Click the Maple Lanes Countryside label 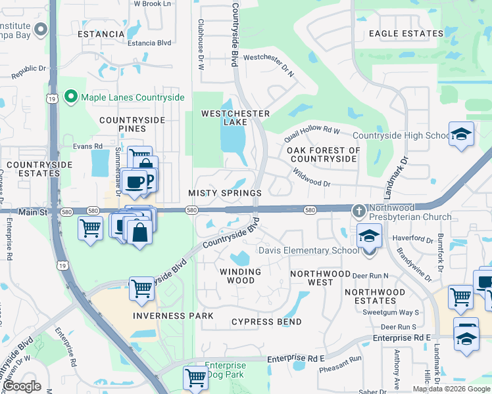point(132,97)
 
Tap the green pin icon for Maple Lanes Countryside point(72,97)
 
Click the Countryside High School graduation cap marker point(462,135)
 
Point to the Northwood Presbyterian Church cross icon point(359,211)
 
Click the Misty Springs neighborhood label point(225,193)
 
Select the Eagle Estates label point(406,33)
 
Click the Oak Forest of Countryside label point(324,154)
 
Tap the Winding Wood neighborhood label point(240,276)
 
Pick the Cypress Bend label point(266,322)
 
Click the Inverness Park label point(173,316)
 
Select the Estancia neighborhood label point(101,34)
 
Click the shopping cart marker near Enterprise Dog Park point(195,378)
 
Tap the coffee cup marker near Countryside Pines point(134,181)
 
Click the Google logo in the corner point(22,386)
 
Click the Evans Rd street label point(88,146)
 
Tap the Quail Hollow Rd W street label point(312,135)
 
